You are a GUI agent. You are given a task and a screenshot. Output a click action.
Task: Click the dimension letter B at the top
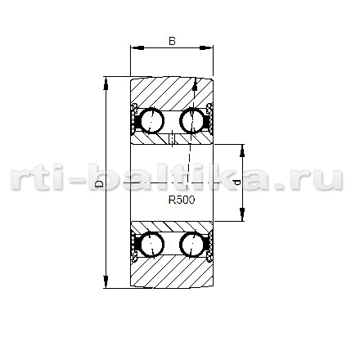172,41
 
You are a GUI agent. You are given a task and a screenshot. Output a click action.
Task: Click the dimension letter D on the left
99,184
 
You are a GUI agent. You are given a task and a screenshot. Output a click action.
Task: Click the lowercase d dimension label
237,182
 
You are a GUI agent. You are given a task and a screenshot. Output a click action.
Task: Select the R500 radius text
182,200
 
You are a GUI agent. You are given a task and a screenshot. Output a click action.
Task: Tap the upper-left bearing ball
152,121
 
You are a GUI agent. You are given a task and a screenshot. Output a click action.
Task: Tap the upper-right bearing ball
192,121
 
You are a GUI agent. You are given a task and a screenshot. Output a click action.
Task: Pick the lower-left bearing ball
152,244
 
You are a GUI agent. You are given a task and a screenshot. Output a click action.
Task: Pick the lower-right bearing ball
192,244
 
